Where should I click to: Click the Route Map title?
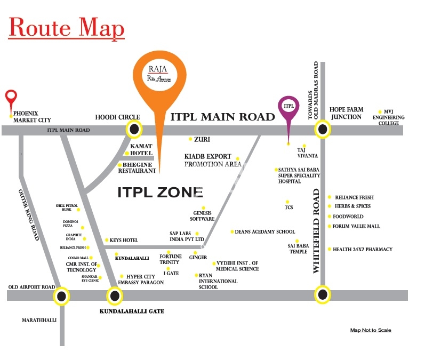67,28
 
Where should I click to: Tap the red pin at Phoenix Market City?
11,98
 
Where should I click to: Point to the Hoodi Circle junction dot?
134,129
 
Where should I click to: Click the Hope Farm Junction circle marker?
322,129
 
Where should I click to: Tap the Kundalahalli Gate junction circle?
114,295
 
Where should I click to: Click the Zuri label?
202,139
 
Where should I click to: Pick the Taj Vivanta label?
308,153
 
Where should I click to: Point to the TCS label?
289,207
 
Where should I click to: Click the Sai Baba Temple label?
299,249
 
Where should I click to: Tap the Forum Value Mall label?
356,226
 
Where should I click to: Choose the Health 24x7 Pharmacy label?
363,249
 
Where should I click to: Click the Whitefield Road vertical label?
316,231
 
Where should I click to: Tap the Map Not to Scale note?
371,330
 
